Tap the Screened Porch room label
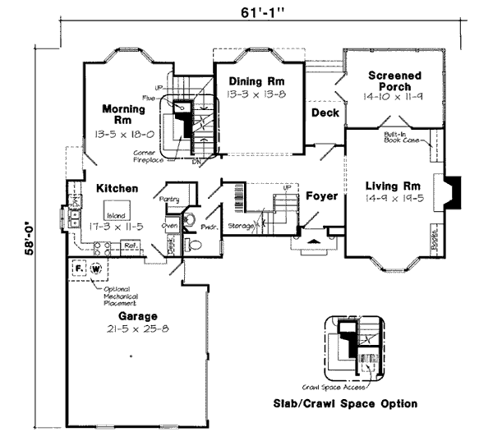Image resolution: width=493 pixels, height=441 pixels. [x=394, y=81]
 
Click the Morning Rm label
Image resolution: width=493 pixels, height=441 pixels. [x=124, y=114]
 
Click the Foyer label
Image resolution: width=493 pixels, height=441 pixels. [x=321, y=196]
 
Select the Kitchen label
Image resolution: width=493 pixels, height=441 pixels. [x=117, y=189]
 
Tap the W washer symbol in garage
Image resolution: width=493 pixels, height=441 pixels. [x=96, y=269]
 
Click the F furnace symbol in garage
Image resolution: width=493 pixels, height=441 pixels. [x=79, y=269]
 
